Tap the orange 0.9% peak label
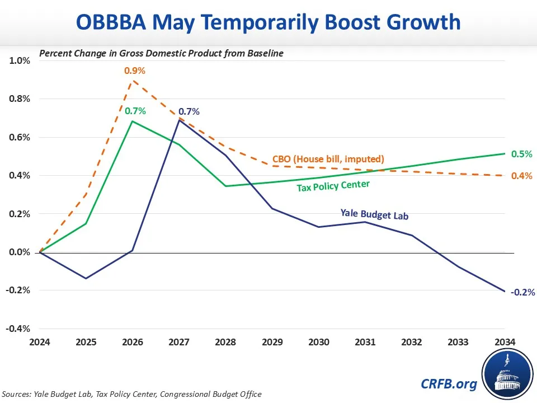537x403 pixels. pyautogui.click(x=135, y=71)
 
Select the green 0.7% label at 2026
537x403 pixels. pyautogui.click(x=135, y=111)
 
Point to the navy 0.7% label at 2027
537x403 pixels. pyautogui.click(x=189, y=111)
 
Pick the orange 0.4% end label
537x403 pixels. pyautogui.click(x=521, y=176)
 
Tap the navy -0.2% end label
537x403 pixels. pyautogui.click(x=523, y=292)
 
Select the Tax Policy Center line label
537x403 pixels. pyautogui.click(x=333, y=185)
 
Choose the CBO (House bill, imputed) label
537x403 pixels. pyautogui.click(x=328, y=159)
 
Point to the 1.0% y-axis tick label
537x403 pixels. pyautogui.click(x=20, y=60)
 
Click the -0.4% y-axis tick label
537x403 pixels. pyautogui.click(x=18, y=329)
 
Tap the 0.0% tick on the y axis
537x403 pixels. pyautogui.click(x=20, y=252)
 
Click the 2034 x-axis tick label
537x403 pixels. pyautogui.click(x=503, y=341)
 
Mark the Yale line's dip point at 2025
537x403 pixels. pyautogui.click(x=86, y=278)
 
